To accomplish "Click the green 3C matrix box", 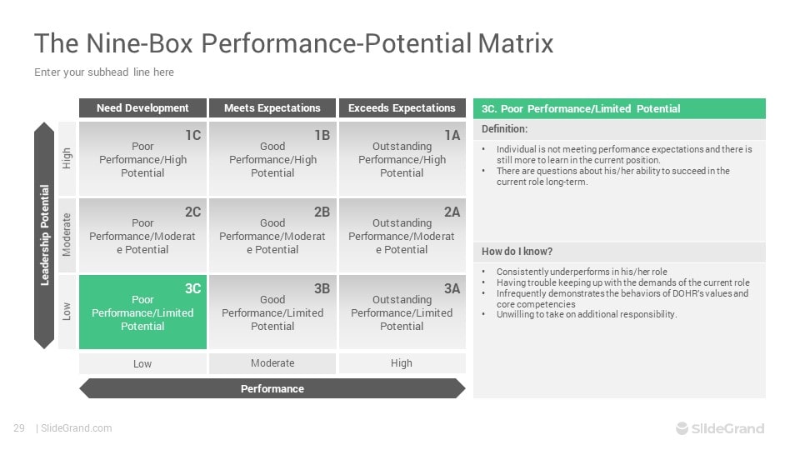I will (142, 312).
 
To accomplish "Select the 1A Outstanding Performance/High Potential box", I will (402, 159).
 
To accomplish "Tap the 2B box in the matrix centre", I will (272, 236).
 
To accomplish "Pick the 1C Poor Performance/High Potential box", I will (142, 159).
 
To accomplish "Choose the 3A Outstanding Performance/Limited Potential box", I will (402, 312).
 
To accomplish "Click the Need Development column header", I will (142, 108).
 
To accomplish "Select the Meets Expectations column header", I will (272, 108).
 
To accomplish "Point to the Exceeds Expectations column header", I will (402, 108).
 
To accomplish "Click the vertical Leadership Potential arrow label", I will (44, 235).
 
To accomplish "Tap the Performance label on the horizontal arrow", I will (272, 388).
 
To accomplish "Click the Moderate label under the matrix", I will (272, 363).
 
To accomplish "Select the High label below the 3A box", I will (402, 363).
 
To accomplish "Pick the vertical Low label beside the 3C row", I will (67, 312).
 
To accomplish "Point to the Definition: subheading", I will (504, 129).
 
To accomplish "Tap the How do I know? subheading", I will (517, 252).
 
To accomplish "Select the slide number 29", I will (19, 428).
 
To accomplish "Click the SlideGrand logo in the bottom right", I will (719, 428).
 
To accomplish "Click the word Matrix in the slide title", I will (515, 42).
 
